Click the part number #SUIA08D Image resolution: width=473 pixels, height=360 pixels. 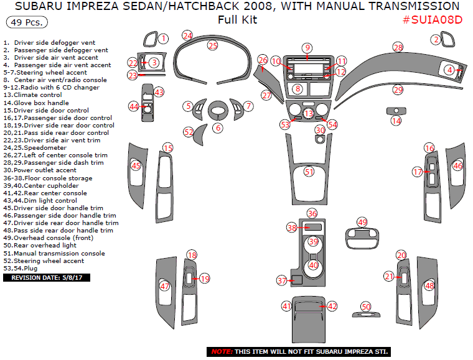[433, 19]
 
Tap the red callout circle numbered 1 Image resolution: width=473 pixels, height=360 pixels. [162, 39]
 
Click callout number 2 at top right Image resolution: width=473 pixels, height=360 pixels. [436, 39]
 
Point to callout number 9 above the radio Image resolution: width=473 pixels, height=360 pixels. [307, 48]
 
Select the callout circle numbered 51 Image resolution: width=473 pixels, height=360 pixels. [309, 172]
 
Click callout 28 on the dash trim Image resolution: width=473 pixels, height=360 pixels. [398, 47]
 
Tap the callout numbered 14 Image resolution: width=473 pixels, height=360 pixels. [396, 121]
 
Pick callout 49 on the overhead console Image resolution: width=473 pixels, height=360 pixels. [362, 222]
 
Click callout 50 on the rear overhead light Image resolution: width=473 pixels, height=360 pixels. [366, 307]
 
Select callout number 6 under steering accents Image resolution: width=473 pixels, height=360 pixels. [217, 127]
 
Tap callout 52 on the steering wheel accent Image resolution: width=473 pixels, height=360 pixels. [189, 132]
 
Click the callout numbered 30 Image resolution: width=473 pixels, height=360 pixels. [319, 130]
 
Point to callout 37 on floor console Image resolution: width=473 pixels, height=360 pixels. [282, 281]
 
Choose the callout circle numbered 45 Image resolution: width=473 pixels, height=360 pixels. [136, 165]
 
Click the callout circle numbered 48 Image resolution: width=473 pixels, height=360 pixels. [429, 285]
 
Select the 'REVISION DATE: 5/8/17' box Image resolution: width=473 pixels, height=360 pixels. [47, 278]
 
